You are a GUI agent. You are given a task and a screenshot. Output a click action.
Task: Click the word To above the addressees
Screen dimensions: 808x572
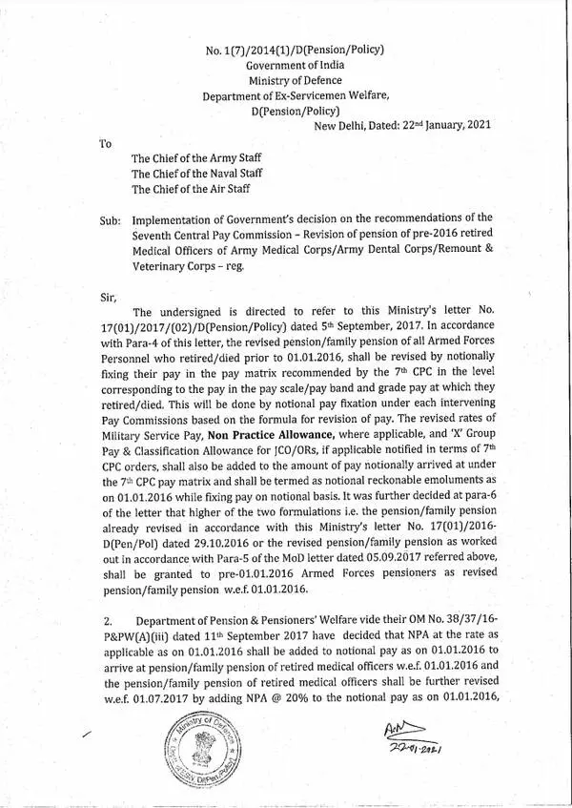coord(106,142)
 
